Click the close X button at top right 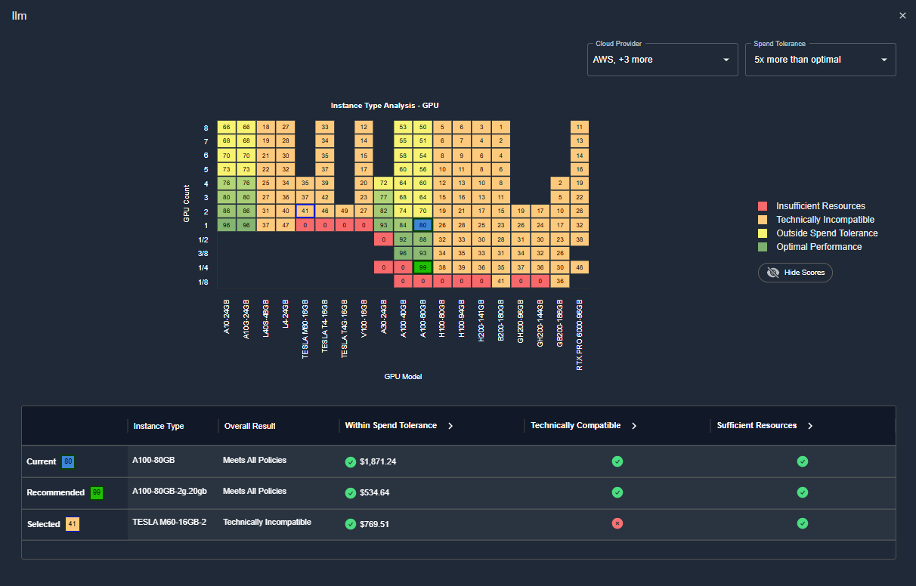point(902,16)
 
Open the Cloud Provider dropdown point(662,60)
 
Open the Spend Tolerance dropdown point(820,60)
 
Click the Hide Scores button point(795,273)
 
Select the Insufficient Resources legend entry point(820,206)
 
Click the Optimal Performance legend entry point(819,247)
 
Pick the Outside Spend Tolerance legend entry point(827,233)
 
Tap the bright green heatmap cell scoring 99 point(422,267)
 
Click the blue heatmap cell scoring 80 point(422,225)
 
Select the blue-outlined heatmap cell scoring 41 point(305,211)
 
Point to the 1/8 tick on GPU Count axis point(203,282)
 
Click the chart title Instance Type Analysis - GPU point(384,106)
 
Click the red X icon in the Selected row point(617,523)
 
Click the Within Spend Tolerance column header point(391,426)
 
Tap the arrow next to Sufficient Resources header point(810,426)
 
